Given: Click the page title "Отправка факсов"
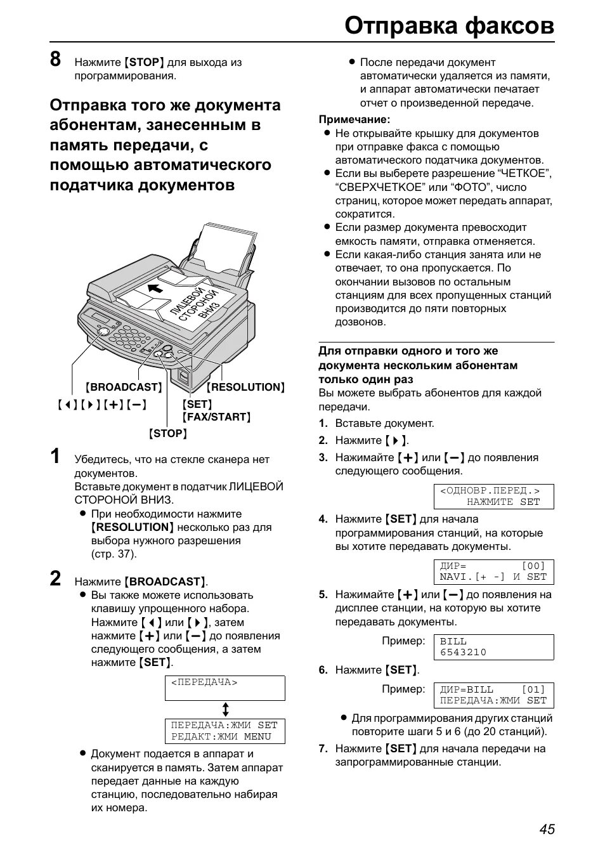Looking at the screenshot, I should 449,25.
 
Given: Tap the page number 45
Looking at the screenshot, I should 547,829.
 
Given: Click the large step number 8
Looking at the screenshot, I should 56,60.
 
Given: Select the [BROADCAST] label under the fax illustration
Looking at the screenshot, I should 124,387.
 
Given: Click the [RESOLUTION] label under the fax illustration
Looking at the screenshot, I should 245,387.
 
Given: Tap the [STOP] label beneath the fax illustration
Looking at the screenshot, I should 167,434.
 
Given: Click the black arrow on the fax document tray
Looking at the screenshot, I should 154,289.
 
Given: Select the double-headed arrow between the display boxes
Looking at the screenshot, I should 224,709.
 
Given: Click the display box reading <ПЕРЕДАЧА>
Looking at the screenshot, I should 224,688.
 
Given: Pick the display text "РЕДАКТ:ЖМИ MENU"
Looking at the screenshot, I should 221,736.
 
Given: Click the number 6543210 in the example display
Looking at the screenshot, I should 463,652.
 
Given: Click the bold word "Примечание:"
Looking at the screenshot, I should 354,119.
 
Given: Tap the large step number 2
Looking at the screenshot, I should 56,578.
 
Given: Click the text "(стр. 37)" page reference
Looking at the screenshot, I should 114,554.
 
